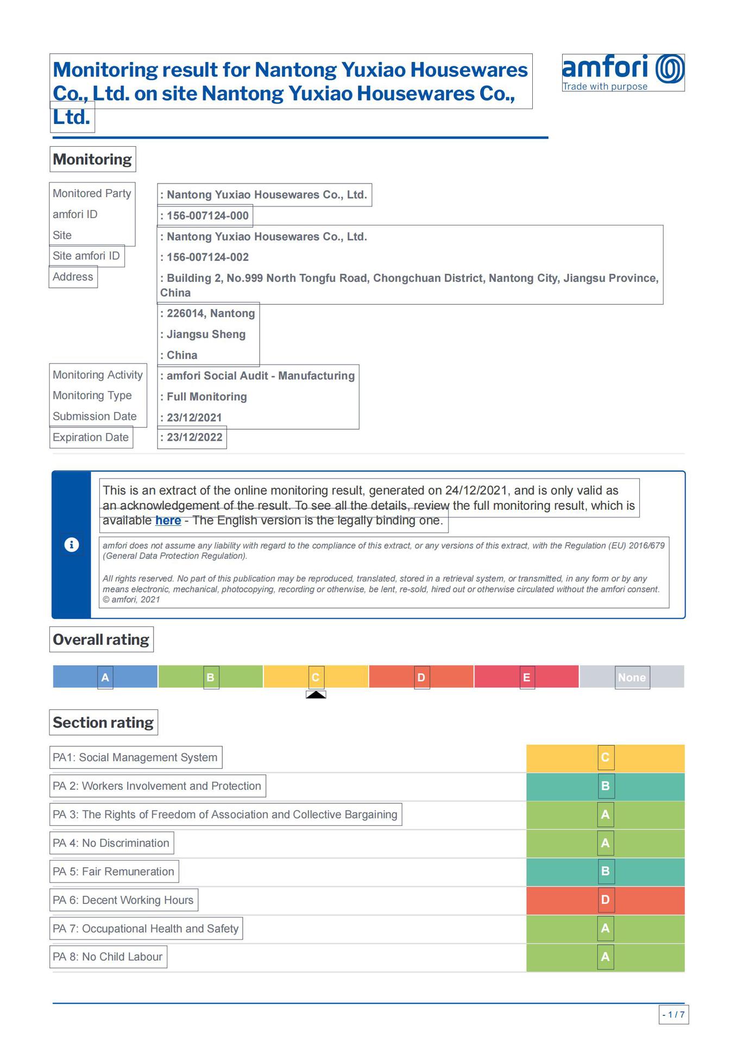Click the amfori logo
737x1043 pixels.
tap(623, 72)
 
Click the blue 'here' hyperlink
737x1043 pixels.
tap(168, 520)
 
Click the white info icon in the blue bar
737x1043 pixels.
tap(71, 545)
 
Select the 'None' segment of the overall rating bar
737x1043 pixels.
tap(632, 677)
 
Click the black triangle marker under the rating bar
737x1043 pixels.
tap(316, 694)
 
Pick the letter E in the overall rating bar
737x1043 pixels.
tap(526, 677)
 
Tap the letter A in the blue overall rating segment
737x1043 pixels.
tap(105, 677)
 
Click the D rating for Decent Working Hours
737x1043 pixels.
tap(606, 900)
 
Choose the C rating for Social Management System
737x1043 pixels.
tap(606, 757)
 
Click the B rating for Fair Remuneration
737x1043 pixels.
tap(606, 871)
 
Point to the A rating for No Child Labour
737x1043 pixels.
tap(606, 957)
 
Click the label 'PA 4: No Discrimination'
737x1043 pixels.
tap(111, 843)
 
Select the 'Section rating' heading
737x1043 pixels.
tap(103, 722)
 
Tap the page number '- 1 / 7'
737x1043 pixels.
tap(673, 1015)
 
